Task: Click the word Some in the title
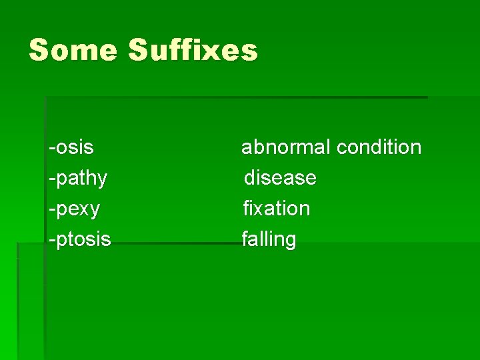tap(72, 50)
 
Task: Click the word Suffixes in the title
tap(193, 50)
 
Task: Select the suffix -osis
tap(71, 147)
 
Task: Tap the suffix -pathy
tap(77, 178)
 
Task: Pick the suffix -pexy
tap(74, 209)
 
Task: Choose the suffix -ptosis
tap(79, 239)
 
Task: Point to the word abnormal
tap(285, 147)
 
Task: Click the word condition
tap(379, 147)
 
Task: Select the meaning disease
tap(280, 178)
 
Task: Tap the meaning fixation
tap(277, 209)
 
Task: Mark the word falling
tap(269, 239)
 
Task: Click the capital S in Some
tap(39, 50)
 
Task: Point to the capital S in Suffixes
tap(140, 50)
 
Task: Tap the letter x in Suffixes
tap(211, 51)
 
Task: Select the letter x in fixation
tap(258, 209)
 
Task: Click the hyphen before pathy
tap(51, 179)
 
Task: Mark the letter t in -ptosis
tap(69, 239)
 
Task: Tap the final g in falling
tap(290, 241)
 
